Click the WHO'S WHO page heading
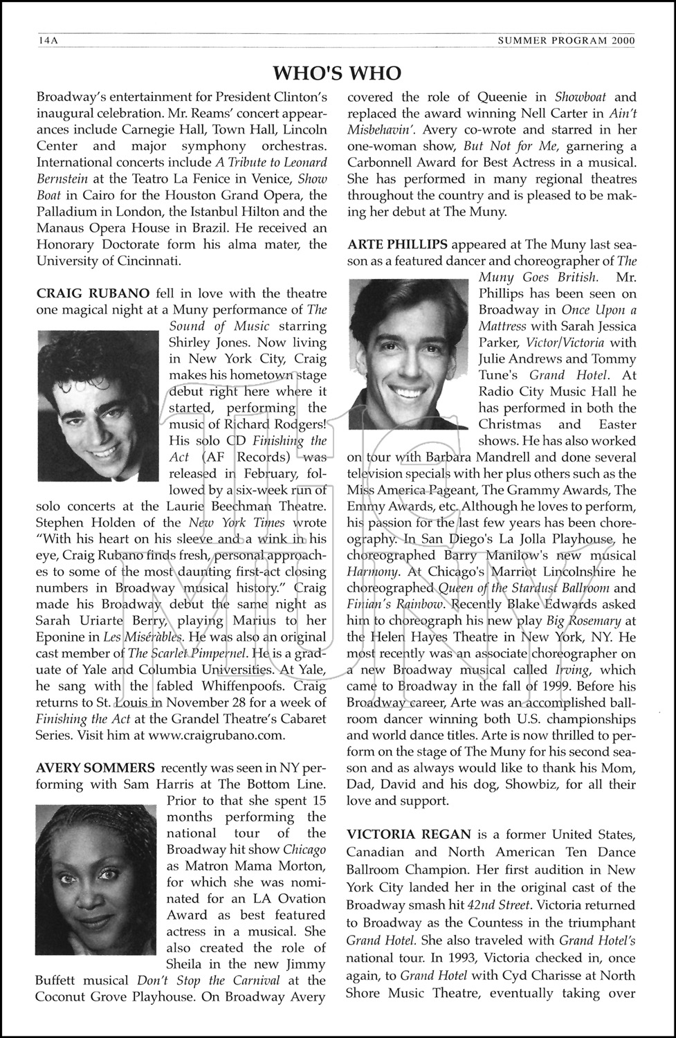[x=337, y=73]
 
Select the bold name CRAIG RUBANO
[x=93, y=293]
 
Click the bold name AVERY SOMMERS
[x=95, y=767]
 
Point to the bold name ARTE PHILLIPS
[x=397, y=244]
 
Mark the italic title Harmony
[x=372, y=572]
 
